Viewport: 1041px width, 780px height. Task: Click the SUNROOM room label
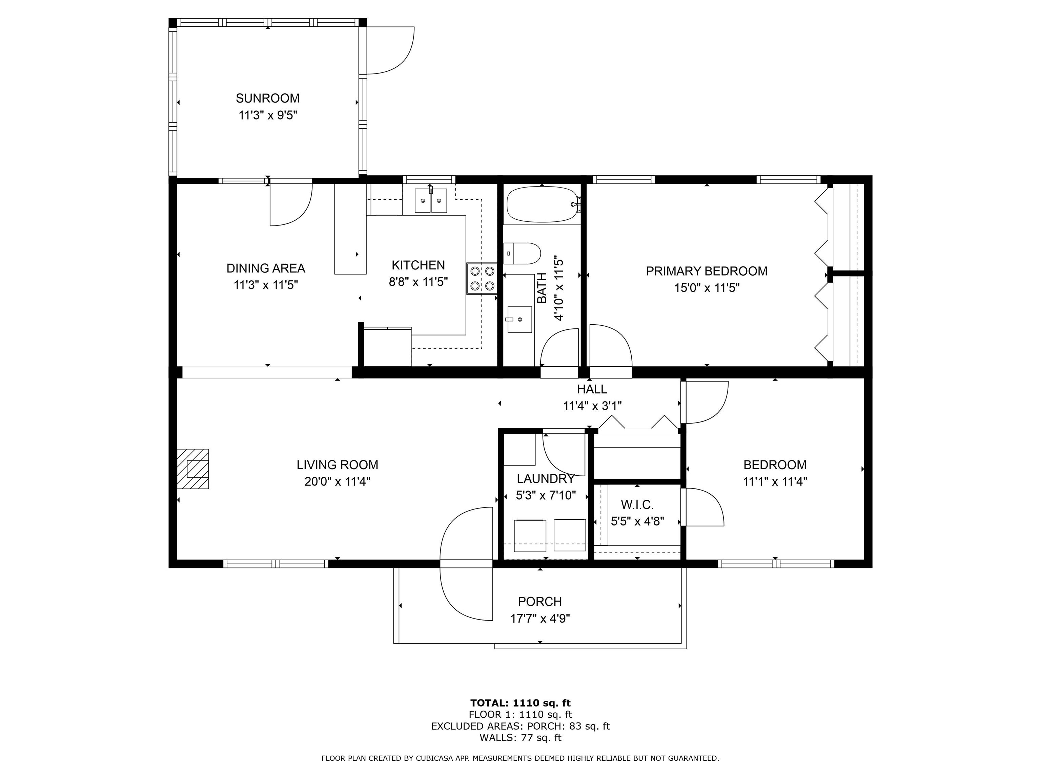point(267,98)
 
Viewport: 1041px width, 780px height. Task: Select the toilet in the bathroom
point(522,254)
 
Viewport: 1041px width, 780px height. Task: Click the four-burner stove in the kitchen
point(482,278)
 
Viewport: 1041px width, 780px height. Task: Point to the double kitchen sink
point(431,201)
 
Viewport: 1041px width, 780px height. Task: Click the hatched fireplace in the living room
point(193,469)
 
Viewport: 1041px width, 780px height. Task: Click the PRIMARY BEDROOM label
point(707,271)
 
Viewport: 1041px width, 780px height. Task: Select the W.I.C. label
point(637,505)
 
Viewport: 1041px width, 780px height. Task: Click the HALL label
point(592,389)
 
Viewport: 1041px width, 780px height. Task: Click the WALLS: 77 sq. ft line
point(520,738)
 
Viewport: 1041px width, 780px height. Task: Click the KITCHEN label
point(418,265)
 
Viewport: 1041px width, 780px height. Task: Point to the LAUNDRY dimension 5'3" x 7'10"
point(546,496)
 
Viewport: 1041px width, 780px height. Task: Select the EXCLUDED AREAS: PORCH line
point(520,727)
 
